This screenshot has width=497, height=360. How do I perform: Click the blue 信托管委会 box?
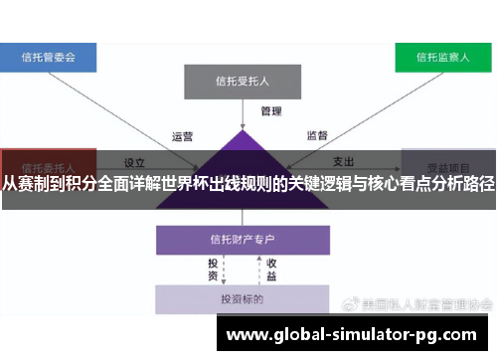pos(48,57)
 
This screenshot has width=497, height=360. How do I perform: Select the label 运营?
pos(182,137)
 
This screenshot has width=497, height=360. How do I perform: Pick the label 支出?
pos(343,161)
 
